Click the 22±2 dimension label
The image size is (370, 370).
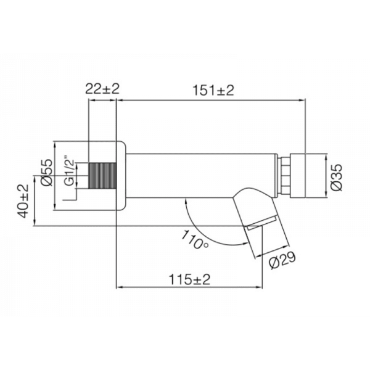click(x=102, y=89)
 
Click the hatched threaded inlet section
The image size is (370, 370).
click(x=102, y=177)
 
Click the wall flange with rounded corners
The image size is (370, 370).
click(x=121, y=177)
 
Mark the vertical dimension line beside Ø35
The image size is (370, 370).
click(x=324, y=176)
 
